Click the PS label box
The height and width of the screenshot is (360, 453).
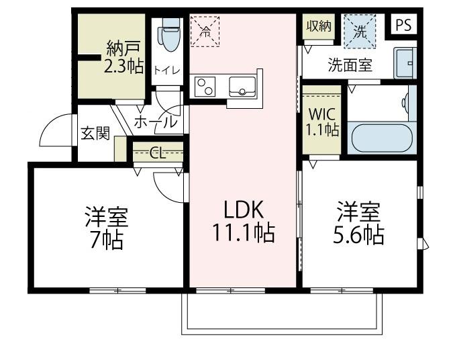[x=403, y=26]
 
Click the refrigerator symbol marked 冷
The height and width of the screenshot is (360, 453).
[x=205, y=31]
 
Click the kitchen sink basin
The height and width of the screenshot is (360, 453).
[x=242, y=86]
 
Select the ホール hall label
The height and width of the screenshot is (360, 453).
[x=156, y=122]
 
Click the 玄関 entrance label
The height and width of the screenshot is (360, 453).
[x=95, y=133]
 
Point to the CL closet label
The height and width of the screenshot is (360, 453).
[x=158, y=153]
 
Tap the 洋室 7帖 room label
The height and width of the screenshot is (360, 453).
[x=106, y=228]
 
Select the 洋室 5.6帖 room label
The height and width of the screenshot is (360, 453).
[x=360, y=224]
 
